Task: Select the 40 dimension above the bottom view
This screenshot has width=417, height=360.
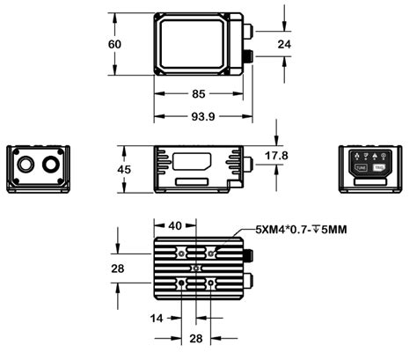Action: click(175, 226)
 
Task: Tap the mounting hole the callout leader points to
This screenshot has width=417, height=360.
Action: click(211, 253)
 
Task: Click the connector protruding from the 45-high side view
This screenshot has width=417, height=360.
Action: click(249, 164)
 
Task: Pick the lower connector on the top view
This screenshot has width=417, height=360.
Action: click(248, 57)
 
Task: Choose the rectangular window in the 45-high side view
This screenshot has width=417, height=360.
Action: click(192, 162)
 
